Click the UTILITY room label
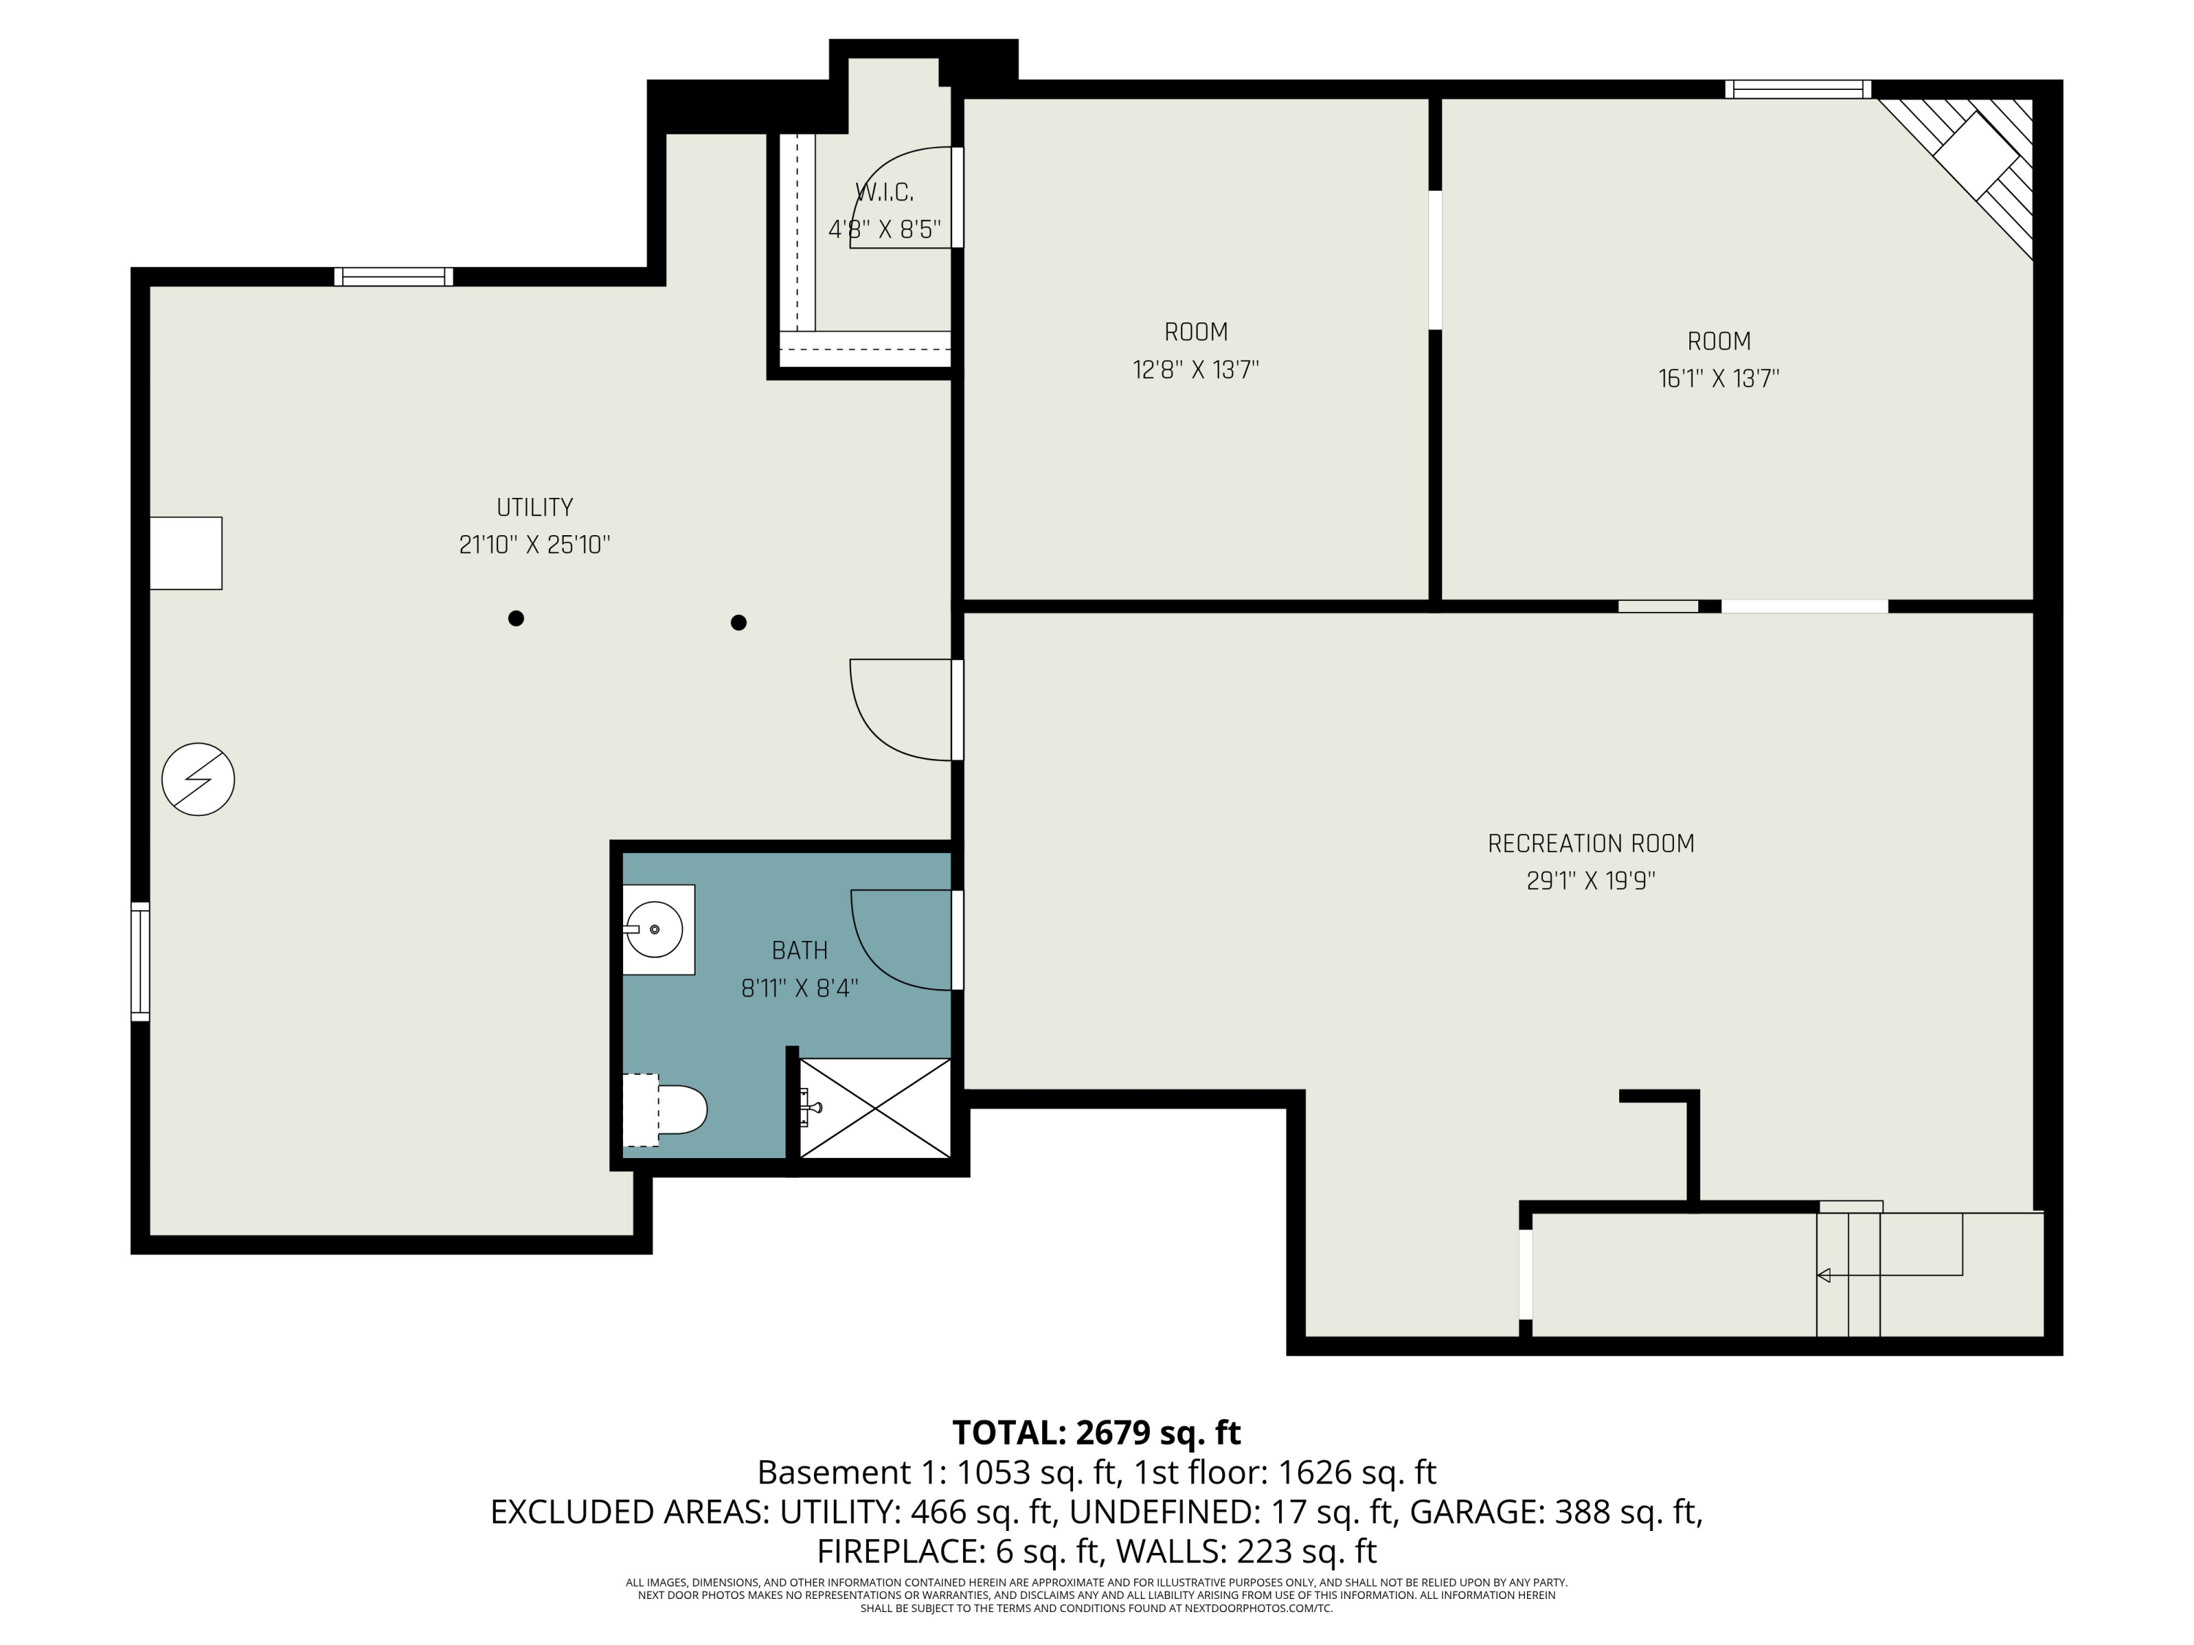[535, 507]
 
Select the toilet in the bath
[666, 1111]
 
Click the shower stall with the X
[875, 1108]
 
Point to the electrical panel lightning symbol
[198, 779]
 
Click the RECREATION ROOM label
[1591, 844]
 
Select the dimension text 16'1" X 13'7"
[1719, 379]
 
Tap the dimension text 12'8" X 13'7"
[1196, 370]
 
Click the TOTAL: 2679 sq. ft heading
[1097, 1433]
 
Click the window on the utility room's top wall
[393, 276]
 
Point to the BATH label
[799, 951]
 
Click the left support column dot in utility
[516, 619]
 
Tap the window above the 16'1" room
[1798, 89]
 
